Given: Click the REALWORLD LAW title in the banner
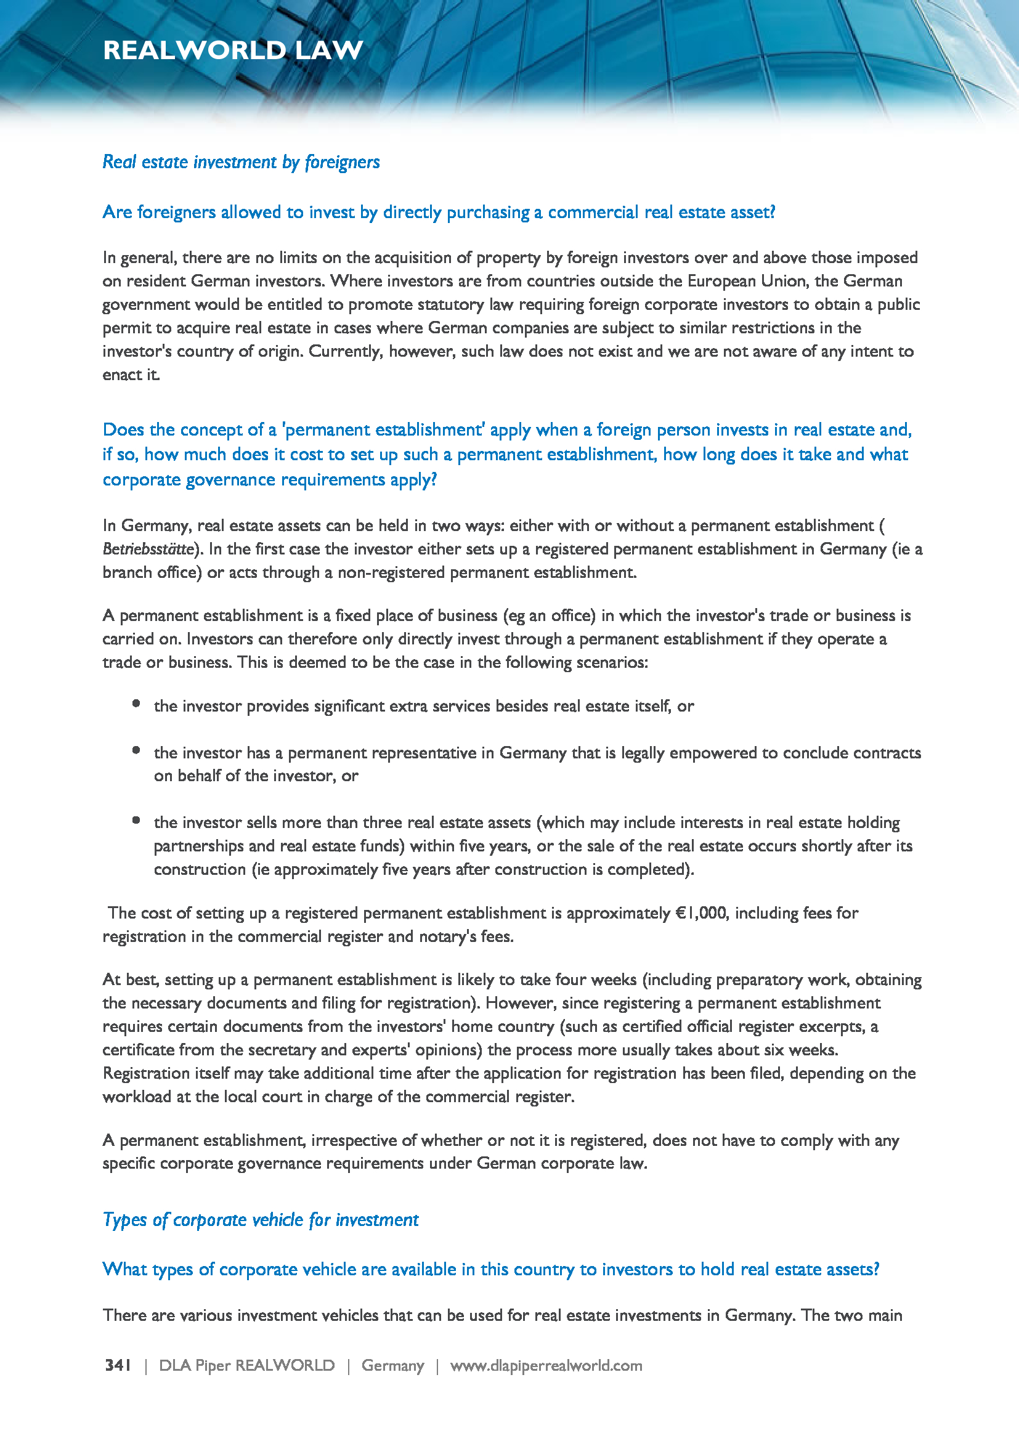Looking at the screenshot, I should coord(233,50).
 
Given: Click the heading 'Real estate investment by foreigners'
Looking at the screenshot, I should coord(241,162).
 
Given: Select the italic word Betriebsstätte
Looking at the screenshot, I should coord(148,549).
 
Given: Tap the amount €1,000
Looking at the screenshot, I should coord(701,912).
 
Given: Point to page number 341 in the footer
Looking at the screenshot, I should coord(118,1365).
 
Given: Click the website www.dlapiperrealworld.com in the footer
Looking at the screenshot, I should coord(546,1366).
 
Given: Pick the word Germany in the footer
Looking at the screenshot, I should coord(393,1366).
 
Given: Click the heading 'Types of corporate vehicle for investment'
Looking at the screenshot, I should coord(261,1219).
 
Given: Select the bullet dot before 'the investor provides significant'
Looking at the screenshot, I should coord(136,704).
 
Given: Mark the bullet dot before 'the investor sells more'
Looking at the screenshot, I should coord(136,819).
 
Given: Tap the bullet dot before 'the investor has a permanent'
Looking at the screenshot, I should coord(136,750).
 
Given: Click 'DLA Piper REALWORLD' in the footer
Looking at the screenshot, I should coord(246,1366).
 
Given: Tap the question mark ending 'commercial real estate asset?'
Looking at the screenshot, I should coord(772,212).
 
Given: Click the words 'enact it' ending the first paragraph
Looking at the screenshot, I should coord(131,375).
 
